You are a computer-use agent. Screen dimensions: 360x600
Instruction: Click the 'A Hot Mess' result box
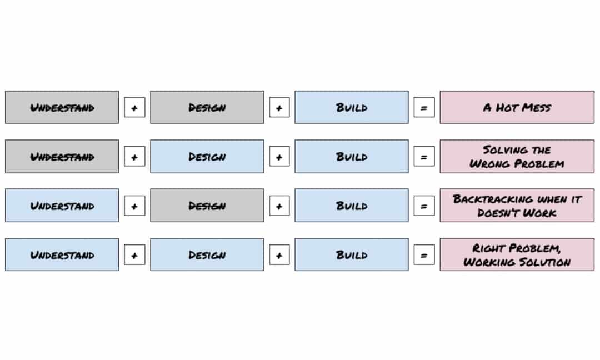click(x=517, y=107)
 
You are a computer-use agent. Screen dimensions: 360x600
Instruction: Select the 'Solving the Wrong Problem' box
click(x=517, y=157)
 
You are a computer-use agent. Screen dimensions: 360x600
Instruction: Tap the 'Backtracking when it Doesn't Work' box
click(x=517, y=206)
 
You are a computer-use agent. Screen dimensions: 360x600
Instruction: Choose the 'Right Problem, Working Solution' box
click(x=517, y=255)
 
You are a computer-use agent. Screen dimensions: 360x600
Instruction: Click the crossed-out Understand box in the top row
click(x=62, y=107)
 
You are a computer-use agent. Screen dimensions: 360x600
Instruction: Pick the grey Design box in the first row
click(x=207, y=107)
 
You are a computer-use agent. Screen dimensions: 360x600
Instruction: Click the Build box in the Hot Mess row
click(x=351, y=107)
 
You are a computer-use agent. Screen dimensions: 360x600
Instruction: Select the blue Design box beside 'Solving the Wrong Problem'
click(x=207, y=157)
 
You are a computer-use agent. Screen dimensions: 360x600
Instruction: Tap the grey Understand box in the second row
click(x=62, y=157)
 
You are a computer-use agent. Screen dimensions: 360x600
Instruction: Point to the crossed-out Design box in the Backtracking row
click(x=207, y=206)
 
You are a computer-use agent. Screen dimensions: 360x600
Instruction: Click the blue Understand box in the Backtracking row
click(x=62, y=206)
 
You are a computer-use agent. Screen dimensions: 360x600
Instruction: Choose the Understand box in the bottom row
click(x=62, y=255)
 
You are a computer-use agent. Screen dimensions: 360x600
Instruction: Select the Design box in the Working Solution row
click(x=207, y=255)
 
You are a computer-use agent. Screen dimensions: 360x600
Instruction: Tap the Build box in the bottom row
click(x=351, y=255)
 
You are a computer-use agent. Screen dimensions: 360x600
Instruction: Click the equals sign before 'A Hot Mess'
click(x=424, y=107)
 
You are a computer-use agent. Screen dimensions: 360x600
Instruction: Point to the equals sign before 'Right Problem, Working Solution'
click(x=424, y=255)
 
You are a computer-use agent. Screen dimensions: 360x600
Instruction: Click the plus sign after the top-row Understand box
click(x=134, y=107)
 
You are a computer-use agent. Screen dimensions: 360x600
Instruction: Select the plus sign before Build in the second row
click(x=279, y=157)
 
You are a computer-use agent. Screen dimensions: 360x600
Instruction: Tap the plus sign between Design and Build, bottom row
click(x=279, y=255)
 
